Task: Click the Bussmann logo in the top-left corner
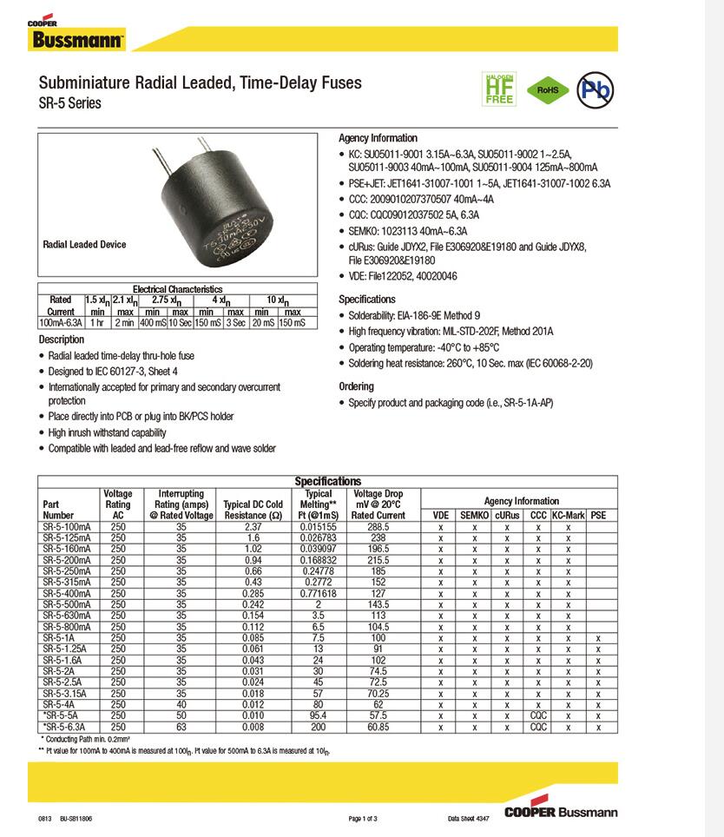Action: (76, 37)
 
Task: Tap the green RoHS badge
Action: (547, 89)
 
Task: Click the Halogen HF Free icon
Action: (499, 89)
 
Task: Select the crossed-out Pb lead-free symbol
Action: (596, 89)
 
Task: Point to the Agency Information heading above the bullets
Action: (378, 138)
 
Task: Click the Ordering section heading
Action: (356, 386)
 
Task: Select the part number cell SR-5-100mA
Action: (66, 526)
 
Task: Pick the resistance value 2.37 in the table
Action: (253, 526)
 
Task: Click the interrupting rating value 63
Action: (181, 727)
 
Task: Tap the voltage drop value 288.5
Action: (378, 526)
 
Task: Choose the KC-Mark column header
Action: (568, 515)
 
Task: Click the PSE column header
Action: (598, 515)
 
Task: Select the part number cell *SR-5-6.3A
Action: (66, 727)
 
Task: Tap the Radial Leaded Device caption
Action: (84, 245)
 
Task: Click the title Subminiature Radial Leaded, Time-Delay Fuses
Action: (201, 83)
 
